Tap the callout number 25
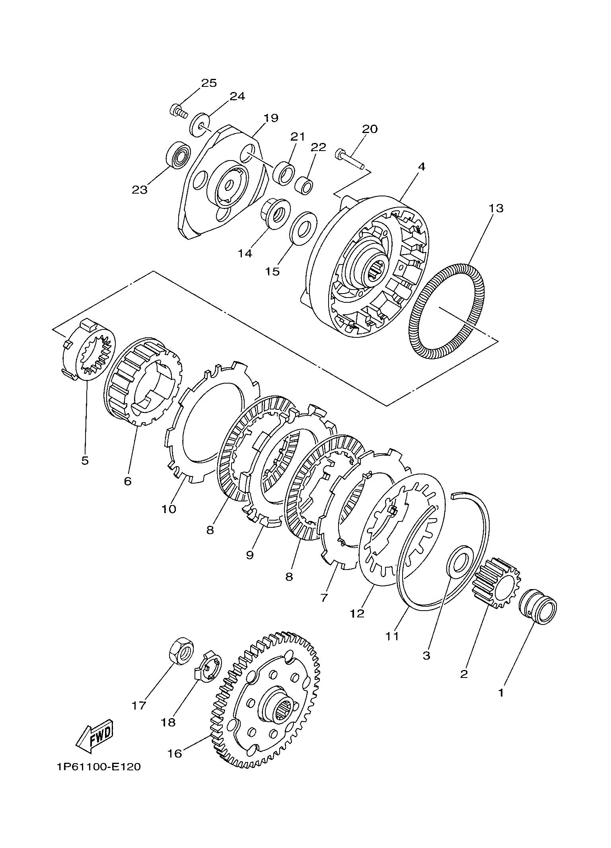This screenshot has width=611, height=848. tap(208, 83)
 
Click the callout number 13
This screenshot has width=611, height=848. tap(496, 208)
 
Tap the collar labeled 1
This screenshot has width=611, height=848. tap(538, 607)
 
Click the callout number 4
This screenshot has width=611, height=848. tap(421, 166)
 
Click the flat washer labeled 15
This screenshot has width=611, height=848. tap(303, 226)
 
